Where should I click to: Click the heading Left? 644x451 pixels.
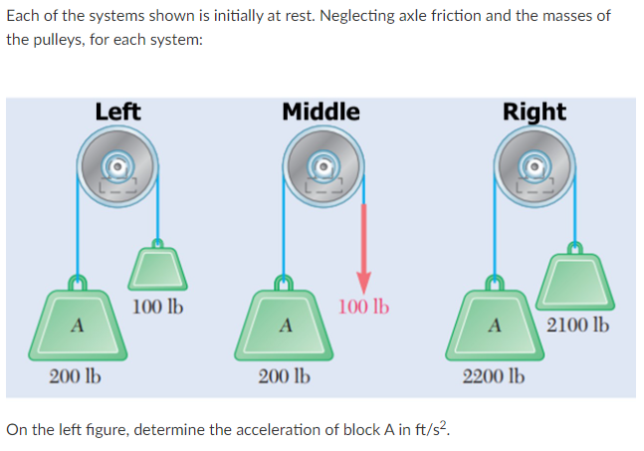[117, 112]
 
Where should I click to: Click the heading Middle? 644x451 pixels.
[321, 112]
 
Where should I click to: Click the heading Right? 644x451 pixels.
[534, 112]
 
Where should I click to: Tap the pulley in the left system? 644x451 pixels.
[117, 168]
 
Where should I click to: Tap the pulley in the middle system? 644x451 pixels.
[322, 168]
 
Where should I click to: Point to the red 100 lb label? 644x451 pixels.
[364, 306]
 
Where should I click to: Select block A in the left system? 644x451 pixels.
[77, 324]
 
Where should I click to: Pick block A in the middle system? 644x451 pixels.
[284, 324]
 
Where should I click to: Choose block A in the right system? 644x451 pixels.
[492, 324]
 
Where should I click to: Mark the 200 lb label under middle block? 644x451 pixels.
[284, 377]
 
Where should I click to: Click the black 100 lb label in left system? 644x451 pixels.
[157, 305]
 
